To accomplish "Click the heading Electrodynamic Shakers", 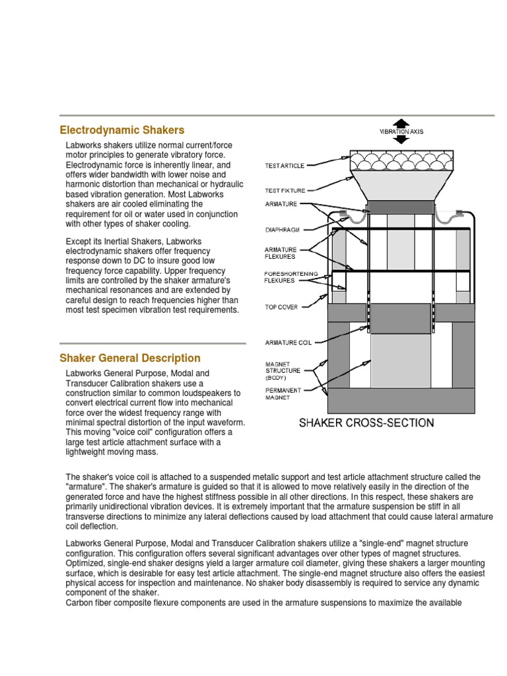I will (x=121, y=130).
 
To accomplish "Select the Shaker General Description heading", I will (x=130, y=358).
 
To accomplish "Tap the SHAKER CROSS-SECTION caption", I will (x=367, y=422).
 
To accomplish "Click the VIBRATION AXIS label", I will (x=401, y=131).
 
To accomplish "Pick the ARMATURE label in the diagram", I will (x=281, y=204).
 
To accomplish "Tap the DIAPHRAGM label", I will (x=282, y=230).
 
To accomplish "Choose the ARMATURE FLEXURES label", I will (x=281, y=253).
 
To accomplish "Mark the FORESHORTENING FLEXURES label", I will (x=291, y=277).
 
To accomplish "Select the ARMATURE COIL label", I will (x=288, y=343).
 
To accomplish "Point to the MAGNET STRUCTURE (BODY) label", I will (x=283, y=370).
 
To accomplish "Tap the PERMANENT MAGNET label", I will (x=283, y=393).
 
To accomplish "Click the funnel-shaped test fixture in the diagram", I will (x=400, y=184).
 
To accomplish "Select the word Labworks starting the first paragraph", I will (x=83, y=145).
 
